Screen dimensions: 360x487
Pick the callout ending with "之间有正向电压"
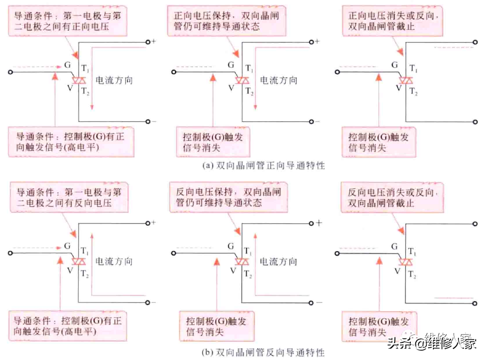coord(69,21)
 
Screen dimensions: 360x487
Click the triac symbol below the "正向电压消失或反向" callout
coord(406,80)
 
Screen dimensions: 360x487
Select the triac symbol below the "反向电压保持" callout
coord(242,262)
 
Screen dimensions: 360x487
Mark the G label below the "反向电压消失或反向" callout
coord(394,245)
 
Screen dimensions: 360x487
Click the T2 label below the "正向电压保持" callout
coord(250,91)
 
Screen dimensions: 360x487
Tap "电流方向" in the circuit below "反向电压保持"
coord(279,261)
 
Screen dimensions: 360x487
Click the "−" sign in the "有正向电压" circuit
coord(154,121)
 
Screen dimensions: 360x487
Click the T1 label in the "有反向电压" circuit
coord(85,251)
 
